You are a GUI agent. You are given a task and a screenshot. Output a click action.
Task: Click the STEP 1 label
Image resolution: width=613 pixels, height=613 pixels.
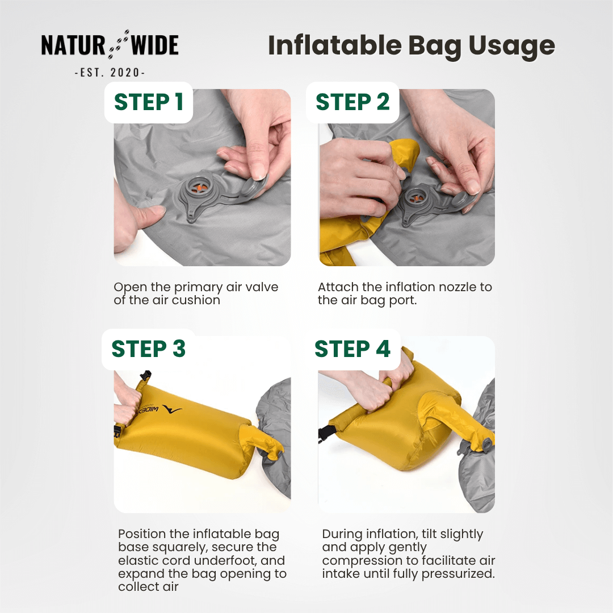point(149,102)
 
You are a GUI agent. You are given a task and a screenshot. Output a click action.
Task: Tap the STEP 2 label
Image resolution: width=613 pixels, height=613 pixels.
point(352,102)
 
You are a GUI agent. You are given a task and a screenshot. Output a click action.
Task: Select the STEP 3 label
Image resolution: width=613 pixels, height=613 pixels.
point(148,349)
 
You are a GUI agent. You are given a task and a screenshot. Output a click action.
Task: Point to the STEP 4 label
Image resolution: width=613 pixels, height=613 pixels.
point(352,349)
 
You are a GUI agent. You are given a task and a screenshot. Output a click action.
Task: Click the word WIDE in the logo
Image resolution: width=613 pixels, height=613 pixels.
point(154,46)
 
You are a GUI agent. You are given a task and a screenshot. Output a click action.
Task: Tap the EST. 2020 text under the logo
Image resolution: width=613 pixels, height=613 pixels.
point(110,73)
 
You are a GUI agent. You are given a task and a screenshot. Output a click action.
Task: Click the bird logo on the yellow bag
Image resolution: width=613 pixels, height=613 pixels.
point(172,409)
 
